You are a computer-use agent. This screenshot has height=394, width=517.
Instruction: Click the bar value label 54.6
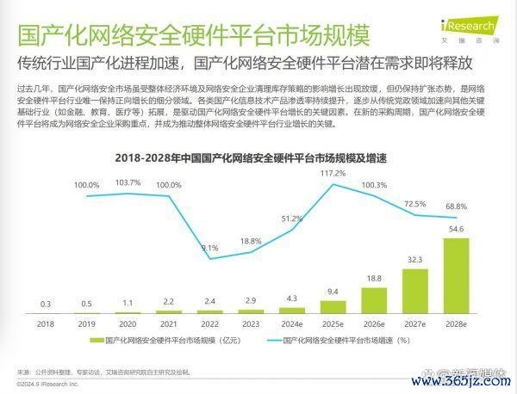(456, 229)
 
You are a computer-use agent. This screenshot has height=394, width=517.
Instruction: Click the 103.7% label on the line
(127, 182)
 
